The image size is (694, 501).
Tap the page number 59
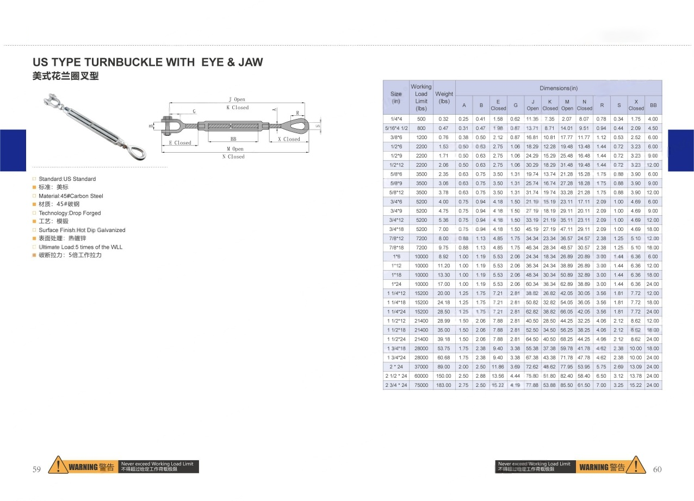tap(36, 469)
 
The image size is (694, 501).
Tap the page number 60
tap(657, 469)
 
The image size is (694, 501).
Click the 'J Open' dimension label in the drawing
tap(237, 99)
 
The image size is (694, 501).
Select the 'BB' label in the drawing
tap(233, 139)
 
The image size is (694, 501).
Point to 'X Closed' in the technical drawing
tap(289, 139)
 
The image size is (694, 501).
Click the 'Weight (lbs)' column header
tap(444, 97)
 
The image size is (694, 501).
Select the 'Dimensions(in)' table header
tap(559, 88)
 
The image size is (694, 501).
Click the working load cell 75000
tap(422, 385)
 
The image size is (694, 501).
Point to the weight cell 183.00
tap(444, 385)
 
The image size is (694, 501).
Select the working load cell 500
tap(422, 119)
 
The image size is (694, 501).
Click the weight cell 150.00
tap(444, 376)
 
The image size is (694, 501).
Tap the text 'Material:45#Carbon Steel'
tap(71, 196)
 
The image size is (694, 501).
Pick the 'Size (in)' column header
tap(396, 97)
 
